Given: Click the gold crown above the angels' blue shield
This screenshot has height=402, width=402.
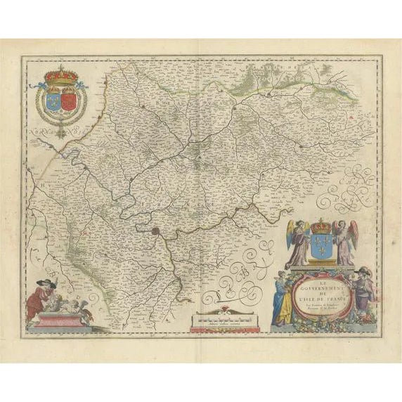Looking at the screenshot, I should tap(320, 227).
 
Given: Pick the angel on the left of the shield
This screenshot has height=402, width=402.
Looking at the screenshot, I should tap(299, 242).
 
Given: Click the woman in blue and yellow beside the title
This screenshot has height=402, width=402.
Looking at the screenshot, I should tap(283, 299).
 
